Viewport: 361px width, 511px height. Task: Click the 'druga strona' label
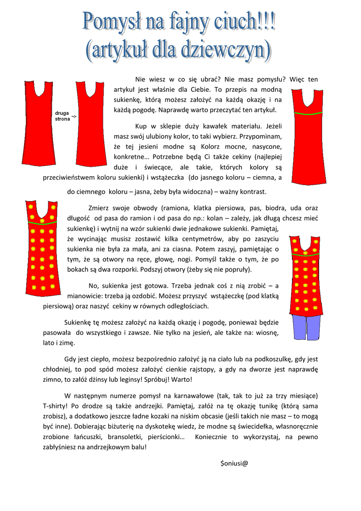(x=62, y=116)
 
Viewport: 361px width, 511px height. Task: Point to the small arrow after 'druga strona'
(x=73, y=117)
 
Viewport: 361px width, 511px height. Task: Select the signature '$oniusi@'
(x=234, y=463)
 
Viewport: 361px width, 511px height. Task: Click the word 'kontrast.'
(x=253, y=192)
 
